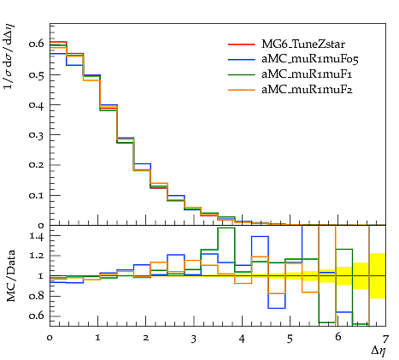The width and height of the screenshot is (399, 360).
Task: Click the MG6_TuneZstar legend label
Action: (x=303, y=44)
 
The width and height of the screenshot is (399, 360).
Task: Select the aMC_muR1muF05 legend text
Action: (x=310, y=59)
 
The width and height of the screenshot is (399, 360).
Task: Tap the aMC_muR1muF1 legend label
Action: (x=307, y=74)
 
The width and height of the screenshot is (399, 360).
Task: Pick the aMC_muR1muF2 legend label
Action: (x=307, y=90)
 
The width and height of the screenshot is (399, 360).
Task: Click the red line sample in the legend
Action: (x=241, y=44)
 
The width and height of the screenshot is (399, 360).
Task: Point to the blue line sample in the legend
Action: (x=241, y=59)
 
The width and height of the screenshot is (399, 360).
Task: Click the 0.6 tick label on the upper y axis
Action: (x=36, y=44)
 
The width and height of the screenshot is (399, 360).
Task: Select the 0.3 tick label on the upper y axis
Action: (x=36, y=134)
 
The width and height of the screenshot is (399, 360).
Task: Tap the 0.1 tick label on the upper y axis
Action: (x=36, y=195)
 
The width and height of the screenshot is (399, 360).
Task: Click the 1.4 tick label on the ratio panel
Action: (x=37, y=237)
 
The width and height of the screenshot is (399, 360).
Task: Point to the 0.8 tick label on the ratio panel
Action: (x=36, y=296)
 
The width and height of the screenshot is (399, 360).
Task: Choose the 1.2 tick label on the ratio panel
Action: (x=37, y=256)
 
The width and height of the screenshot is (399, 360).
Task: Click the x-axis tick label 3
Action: (x=194, y=339)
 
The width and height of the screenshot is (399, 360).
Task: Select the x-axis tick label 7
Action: (x=385, y=339)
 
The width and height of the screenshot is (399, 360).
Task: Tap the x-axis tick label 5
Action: (x=290, y=339)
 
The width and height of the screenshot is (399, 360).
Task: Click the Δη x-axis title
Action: (x=378, y=351)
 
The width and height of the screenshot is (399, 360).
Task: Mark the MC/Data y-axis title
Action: (x=10, y=276)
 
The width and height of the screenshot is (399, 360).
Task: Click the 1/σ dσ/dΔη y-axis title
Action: (x=9, y=56)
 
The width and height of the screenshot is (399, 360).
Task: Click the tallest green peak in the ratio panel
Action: (x=226, y=227)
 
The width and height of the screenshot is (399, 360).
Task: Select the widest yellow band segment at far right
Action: (x=378, y=275)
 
